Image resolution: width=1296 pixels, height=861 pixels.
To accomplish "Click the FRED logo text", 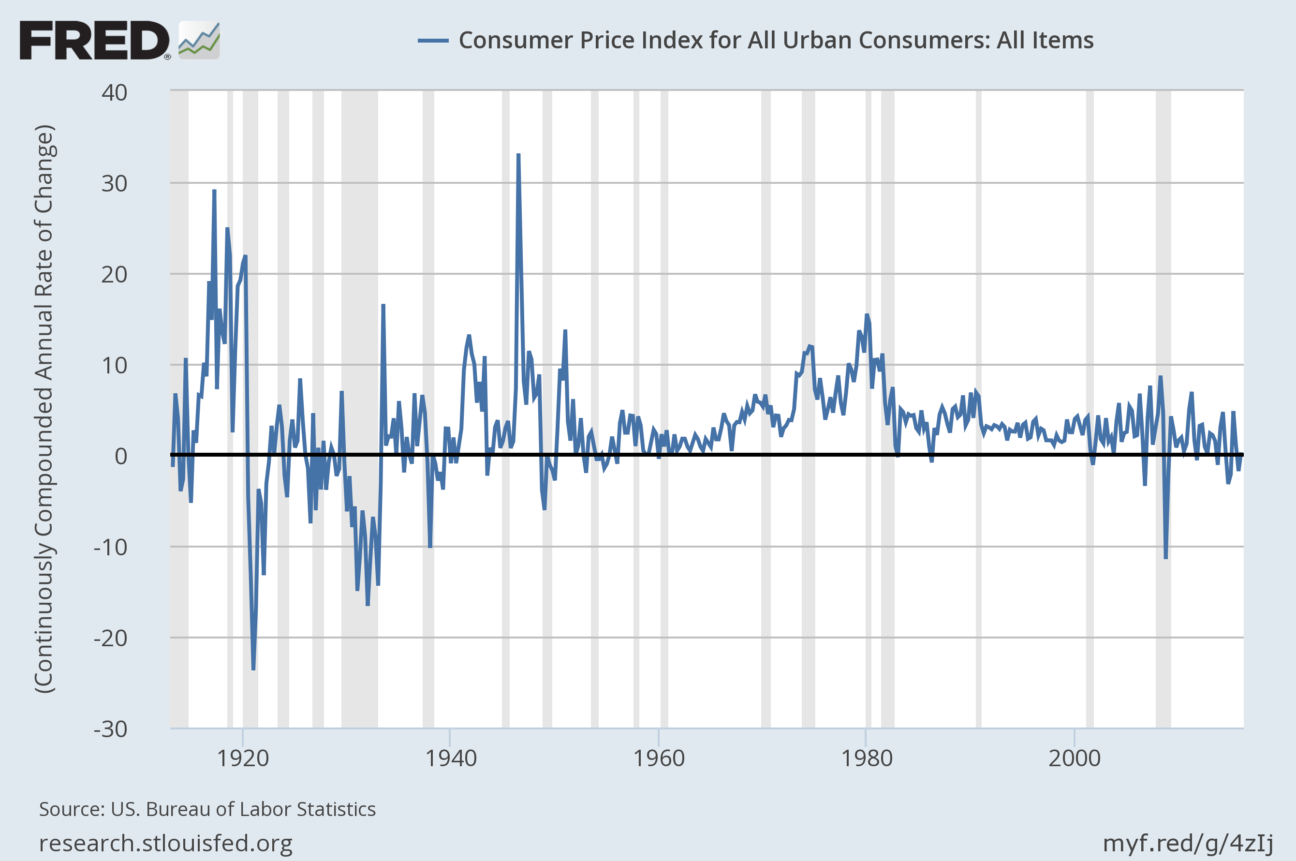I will [x=94, y=40].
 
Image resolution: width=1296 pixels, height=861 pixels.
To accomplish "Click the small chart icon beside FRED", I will [x=199, y=40].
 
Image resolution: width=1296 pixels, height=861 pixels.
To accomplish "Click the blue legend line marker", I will [x=433, y=41].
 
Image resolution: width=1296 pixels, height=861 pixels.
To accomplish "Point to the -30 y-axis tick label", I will [x=110, y=729].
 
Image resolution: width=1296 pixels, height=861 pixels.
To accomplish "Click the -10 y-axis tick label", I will [x=110, y=547].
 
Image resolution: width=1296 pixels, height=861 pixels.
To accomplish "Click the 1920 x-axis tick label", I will [x=243, y=758].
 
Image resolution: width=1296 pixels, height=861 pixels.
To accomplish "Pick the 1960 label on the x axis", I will [x=659, y=758].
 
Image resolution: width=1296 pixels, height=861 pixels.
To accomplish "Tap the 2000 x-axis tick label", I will [x=1074, y=758].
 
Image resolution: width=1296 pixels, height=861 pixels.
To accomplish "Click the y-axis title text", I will [x=44, y=409].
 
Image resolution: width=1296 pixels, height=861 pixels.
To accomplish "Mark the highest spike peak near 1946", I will [x=518, y=155].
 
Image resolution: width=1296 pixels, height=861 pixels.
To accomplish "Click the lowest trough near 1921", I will [x=253, y=669].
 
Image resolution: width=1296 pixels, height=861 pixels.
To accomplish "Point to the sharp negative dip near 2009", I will [x=1165, y=557].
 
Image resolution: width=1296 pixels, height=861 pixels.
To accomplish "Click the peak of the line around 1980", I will [x=866, y=315].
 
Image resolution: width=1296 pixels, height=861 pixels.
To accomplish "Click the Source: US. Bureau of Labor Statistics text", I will [x=207, y=809].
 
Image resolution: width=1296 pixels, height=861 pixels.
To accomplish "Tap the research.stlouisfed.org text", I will [x=165, y=843].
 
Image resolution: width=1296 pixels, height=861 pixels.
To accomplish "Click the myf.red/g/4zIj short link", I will [x=1188, y=843].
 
